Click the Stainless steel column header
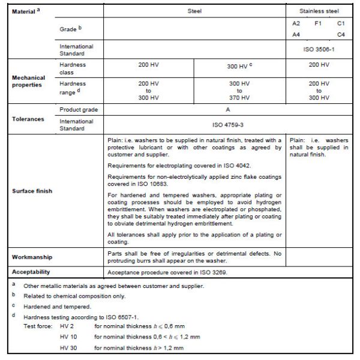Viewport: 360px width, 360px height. (x=319, y=11)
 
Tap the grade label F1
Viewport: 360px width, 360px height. (x=318, y=23)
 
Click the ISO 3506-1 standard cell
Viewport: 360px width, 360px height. (x=319, y=50)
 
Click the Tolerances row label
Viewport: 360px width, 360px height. (x=28, y=119)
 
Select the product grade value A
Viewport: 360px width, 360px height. (x=227, y=110)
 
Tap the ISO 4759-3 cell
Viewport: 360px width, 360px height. (x=227, y=125)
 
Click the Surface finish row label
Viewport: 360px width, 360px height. (x=32, y=191)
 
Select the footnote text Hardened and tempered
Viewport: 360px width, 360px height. (x=58, y=306)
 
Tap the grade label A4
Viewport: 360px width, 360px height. (x=296, y=34)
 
